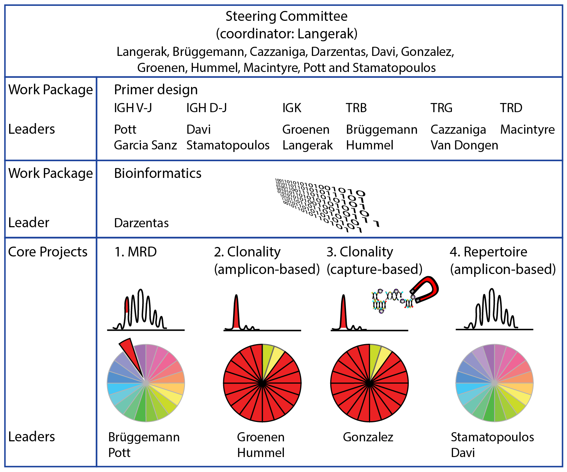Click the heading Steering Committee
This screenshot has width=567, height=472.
[x=286, y=16]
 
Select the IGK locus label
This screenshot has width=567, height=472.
[x=292, y=108]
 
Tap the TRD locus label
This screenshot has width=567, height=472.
[x=511, y=108]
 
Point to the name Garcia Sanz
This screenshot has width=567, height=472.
[x=145, y=145]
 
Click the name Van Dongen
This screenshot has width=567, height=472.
[x=464, y=145]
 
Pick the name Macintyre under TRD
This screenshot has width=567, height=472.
[x=527, y=130]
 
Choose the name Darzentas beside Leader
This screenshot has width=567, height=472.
[x=141, y=223]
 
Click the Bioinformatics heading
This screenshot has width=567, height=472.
[x=157, y=173]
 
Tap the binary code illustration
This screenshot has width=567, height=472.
[x=325, y=205]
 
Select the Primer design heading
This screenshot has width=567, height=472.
[x=156, y=90]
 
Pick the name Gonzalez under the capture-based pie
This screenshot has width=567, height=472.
[x=368, y=437]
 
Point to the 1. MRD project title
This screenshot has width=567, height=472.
[x=136, y=252]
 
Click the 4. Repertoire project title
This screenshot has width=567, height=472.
[x=488, y=252]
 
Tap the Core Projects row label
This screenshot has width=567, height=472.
[x=48, y=252]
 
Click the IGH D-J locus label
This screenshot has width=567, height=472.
[x=206, y=108]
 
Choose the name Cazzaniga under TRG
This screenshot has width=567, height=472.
[x=458, y=130]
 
